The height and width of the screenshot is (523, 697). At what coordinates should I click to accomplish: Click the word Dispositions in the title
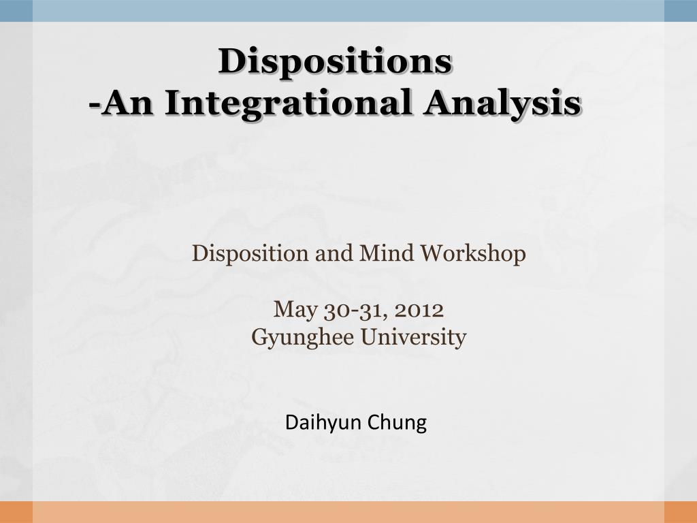pos(336,61)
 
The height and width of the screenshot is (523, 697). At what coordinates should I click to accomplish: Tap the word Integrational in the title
pos(288,103)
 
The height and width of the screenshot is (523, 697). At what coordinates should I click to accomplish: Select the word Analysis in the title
pos(502,103)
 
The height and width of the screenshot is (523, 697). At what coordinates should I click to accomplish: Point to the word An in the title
pos(127,103)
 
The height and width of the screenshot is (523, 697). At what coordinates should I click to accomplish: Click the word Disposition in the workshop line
pos(250,253)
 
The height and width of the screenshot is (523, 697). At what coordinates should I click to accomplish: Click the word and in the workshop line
pos(334,253)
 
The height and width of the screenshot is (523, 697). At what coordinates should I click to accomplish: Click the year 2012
pos(419,310)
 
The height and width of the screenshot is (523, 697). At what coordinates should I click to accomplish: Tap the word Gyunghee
pos(302,338)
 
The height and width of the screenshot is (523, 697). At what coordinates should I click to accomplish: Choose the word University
pos(413,338)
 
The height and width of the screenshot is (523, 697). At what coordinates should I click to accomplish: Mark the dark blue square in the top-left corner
pos(16,11)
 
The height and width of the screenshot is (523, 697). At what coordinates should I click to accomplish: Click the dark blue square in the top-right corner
pos(681,11)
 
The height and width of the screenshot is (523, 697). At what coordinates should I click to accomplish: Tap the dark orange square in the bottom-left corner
pos(16,512)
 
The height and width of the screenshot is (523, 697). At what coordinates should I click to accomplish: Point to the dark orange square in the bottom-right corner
pos(681,512)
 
